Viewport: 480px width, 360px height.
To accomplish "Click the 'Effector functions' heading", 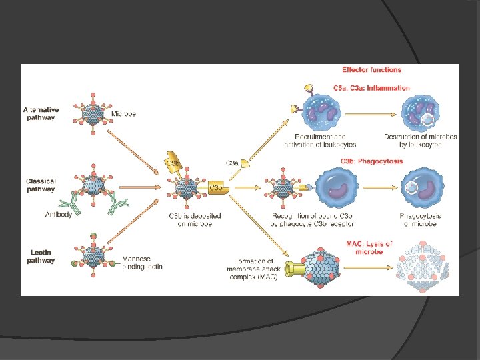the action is [371, 69].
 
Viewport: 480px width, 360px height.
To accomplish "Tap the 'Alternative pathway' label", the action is [41, 113].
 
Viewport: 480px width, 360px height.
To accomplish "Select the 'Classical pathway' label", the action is [41, 185].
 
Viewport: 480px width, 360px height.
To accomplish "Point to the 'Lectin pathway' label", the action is [41, 256].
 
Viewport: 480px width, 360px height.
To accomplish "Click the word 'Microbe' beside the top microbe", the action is [123, 114].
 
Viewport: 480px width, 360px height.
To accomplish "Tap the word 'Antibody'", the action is [59, 215].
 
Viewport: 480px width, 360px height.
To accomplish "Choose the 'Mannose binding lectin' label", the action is [142, 263].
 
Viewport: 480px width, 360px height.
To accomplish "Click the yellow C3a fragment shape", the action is [245, 163].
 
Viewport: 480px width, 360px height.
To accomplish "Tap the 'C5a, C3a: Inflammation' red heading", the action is [371, 88].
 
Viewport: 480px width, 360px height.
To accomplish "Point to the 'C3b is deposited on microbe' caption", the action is [195, 220].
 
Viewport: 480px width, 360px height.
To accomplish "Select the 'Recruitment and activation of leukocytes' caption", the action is [320, 141].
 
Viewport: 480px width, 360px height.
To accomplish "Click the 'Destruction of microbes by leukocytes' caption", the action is [420, 141].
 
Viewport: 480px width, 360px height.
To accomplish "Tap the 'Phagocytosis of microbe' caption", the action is [420, 220].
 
